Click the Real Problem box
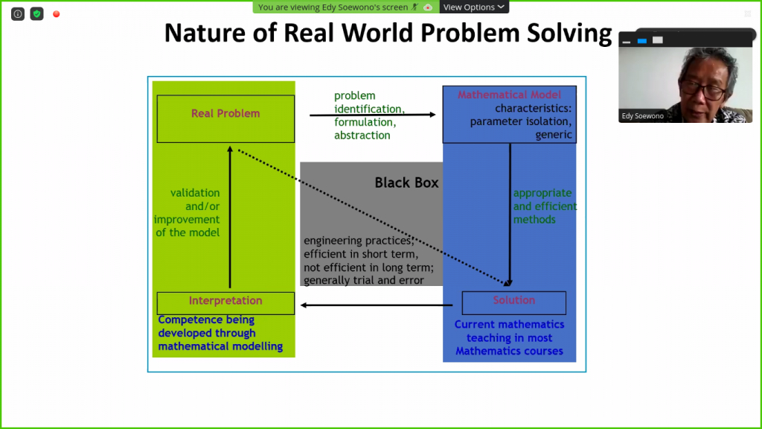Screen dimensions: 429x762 [x=225, y=118]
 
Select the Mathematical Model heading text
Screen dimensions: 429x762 [x=509, y=95]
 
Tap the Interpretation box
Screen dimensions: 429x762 [x=225, y=302]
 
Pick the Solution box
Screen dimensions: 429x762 [x=513, y=302]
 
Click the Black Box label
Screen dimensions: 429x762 [x=406, y=182]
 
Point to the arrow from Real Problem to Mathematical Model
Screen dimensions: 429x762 [x=372, y=115]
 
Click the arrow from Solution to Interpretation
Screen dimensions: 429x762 [x=377, y=305]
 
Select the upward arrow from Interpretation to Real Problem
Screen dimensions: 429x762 [x=230, y=216]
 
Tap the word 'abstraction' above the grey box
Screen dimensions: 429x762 [x=362, y=136]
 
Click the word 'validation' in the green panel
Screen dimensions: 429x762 [x=195, y=193]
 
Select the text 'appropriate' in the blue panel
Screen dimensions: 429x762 [x=542, y=193]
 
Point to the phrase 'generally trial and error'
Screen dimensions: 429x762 [x=364, y=280]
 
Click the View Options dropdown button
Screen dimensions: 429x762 [x=474, y=7]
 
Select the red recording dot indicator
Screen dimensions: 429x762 [x=56, y=14]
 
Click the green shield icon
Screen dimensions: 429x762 [x=36, y=14]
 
